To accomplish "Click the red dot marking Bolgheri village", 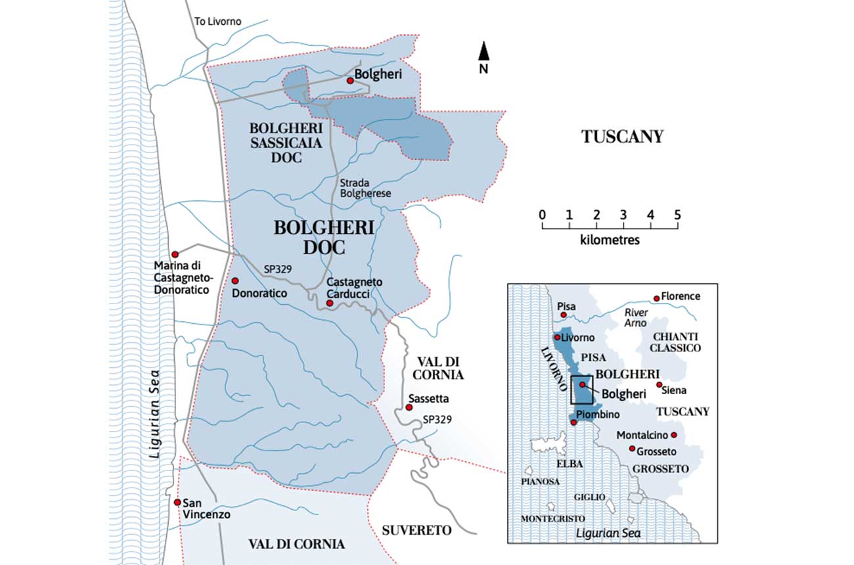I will coord(350,80).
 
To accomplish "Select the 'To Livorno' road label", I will coord(218,21).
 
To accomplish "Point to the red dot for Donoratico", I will coord(235,281).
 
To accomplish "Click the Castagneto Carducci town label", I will coord(355,287).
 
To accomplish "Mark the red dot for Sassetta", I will coord(409,407).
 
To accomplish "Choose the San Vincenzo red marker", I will coord(177,502).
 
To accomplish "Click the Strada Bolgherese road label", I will coord(365,188).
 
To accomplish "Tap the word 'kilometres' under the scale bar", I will coord(610,240).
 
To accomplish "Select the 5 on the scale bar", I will coord(677,215).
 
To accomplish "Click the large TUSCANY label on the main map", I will coord(622,137).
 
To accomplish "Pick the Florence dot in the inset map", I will coord(656,298).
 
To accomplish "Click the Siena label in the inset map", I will coord(675,390).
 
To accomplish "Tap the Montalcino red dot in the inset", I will coord(673,435).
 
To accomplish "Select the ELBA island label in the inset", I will coord(569,464).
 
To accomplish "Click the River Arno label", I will coord(635,318).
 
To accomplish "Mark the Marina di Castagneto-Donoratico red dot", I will coord(175,254).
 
